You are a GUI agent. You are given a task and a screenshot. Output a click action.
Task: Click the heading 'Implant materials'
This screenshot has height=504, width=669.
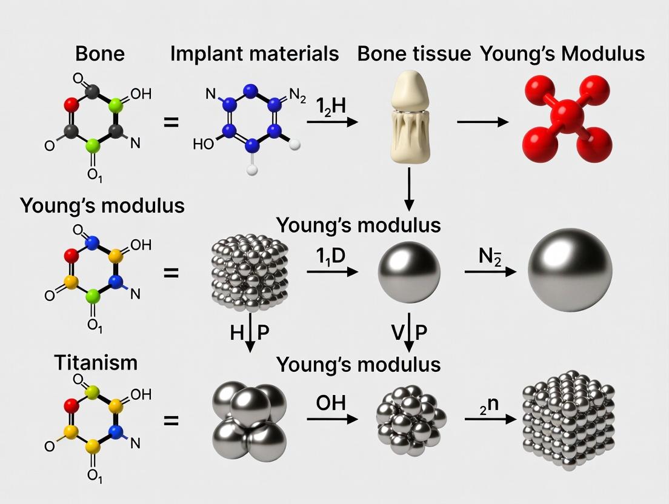254,53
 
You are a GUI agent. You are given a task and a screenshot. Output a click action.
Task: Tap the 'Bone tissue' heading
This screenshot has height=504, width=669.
414,53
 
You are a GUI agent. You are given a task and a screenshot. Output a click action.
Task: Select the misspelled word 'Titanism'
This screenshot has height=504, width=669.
96,363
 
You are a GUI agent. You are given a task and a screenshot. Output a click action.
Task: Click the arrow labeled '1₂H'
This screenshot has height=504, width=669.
332,122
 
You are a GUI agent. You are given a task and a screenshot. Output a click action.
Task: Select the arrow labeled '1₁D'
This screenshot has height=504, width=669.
332,273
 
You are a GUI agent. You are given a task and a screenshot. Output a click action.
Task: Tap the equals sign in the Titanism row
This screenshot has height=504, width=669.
171,419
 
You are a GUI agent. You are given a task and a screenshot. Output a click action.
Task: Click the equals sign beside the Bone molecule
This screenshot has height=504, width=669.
171,122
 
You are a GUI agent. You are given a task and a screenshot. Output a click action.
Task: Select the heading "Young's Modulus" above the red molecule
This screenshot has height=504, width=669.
562,53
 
